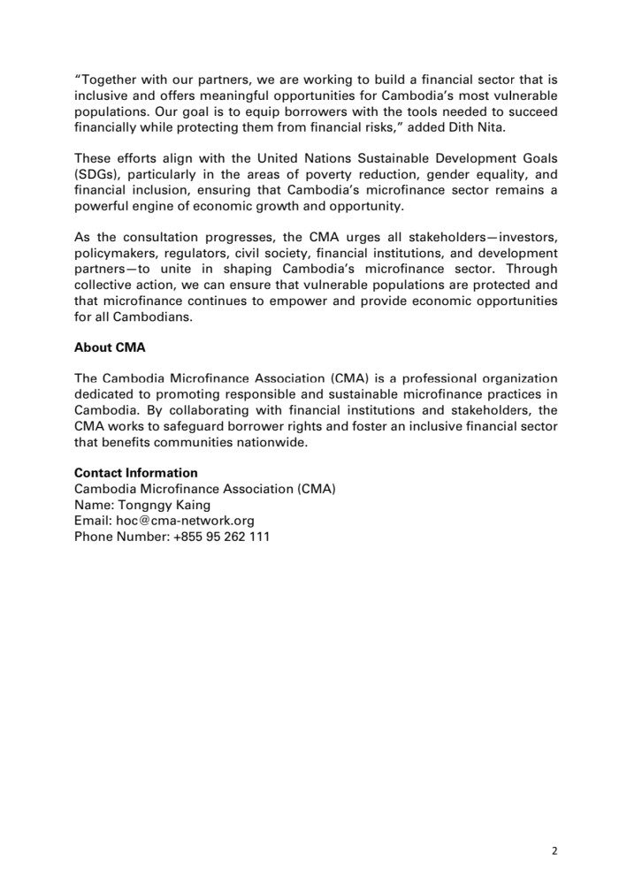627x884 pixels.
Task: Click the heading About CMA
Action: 110,348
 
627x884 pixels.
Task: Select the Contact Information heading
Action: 135,473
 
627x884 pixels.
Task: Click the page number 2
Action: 554,851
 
